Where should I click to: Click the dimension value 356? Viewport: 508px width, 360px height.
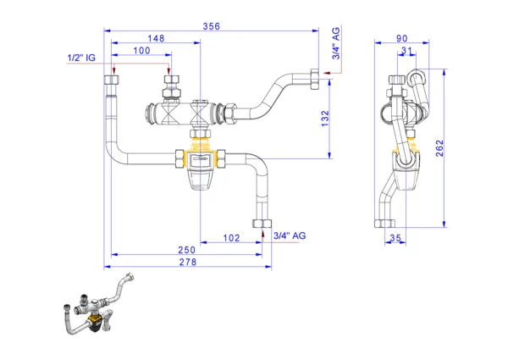coord(211,26)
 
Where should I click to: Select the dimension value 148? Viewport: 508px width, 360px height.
coord(155,38)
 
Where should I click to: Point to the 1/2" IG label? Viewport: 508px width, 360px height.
coord(82,58)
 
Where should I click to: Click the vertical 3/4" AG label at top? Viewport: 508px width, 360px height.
coord(335,43)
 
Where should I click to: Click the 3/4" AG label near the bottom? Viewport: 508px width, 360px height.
coord(289,235)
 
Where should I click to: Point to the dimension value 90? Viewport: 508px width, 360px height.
coord(400,38)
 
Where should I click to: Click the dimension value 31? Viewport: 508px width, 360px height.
coord(407,52)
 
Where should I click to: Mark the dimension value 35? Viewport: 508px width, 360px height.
coord(395,239)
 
